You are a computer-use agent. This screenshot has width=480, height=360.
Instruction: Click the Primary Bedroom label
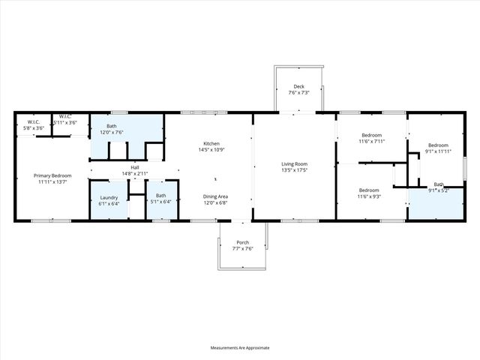point(52,175)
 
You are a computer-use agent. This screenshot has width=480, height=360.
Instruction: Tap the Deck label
point(298,86)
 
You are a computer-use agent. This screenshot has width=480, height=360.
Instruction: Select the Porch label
point(243,242)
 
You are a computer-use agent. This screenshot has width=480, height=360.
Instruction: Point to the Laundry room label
point(109,196)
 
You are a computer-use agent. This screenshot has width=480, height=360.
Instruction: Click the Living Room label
point(295,164)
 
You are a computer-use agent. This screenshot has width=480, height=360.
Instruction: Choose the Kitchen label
point(211,143)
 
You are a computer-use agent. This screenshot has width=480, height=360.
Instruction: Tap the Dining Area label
point(217,196)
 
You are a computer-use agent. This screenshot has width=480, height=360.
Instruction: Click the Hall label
point(135,167)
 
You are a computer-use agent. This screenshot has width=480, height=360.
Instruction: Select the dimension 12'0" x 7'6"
point(112,133)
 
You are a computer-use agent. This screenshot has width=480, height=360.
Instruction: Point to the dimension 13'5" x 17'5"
point(295,170)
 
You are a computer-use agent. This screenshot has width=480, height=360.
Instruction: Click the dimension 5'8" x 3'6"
point(34,128)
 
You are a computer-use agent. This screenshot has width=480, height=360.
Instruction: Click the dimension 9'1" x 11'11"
point(438,151)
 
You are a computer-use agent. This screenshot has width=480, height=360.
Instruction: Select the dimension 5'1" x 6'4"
point(161,202)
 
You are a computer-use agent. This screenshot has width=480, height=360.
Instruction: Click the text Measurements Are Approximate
point(239,348)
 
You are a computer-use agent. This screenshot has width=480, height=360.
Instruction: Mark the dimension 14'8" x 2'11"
point(135,173)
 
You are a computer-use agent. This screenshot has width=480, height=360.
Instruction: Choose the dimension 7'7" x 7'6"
point(243,248)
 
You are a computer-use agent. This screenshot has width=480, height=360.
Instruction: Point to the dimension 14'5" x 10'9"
point(211,149)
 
